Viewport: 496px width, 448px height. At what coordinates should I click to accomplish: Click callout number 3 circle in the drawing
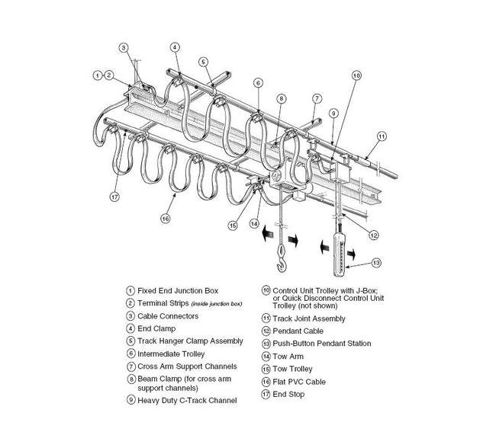tap(124, 48)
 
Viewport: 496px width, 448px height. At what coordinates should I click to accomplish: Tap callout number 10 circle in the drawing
tap(356, 75)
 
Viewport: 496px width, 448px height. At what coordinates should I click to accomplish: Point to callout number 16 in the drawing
tap(164, 218)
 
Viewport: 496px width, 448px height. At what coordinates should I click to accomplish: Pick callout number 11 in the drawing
tap(382, 136)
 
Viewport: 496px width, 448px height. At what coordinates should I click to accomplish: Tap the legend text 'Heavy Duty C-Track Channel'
tap(187, 400)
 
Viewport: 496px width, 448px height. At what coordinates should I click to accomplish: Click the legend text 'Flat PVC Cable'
tap(296, 381)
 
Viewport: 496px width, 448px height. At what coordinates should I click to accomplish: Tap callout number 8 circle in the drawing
tap(282, 98)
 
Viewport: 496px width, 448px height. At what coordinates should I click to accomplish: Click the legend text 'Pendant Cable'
tap(298, 331)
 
